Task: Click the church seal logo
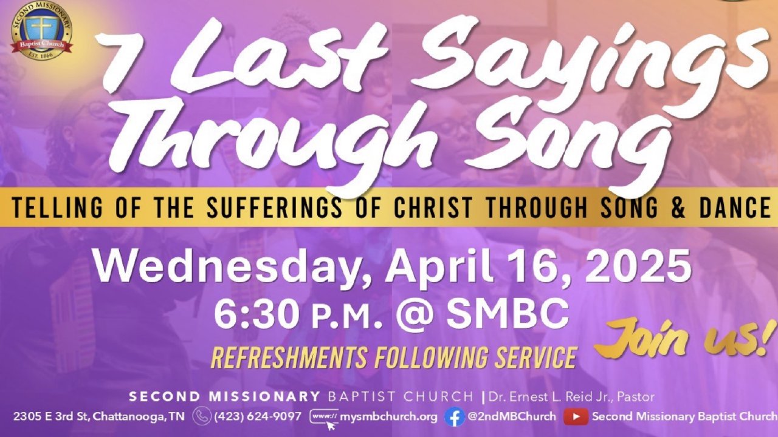42,30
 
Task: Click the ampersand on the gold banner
678,207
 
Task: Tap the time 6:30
258,314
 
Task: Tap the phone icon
202,416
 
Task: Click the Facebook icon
454,417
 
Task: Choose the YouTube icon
576,416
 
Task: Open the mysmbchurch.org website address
388,416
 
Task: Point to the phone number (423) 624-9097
258,416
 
